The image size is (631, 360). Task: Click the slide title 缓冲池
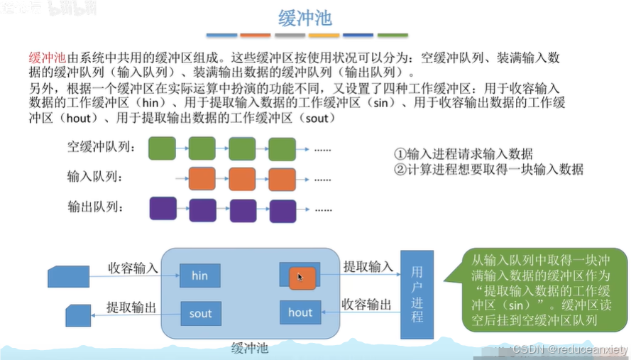(x=303, y=16)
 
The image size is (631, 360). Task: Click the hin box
(x=200, y=276)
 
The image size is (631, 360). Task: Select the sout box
(x=200, y=313)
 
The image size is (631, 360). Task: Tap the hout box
(x=300, y=312)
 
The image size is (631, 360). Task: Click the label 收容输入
(x=133, y=268)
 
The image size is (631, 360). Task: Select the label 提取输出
(x=131, y=307)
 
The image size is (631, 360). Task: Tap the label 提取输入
(x=368, y=266)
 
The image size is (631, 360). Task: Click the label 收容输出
(x=367, y=305)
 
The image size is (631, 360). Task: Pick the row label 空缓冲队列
(x=101, y=147)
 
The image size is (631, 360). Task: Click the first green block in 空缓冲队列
(x=162, y=148)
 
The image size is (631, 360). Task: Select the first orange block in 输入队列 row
(x=202, y=178)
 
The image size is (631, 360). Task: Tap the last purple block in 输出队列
(x=282, y=210)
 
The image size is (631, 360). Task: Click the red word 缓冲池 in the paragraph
(x=47, y=58)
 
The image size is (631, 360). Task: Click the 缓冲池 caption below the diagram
(x=250, y=349)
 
